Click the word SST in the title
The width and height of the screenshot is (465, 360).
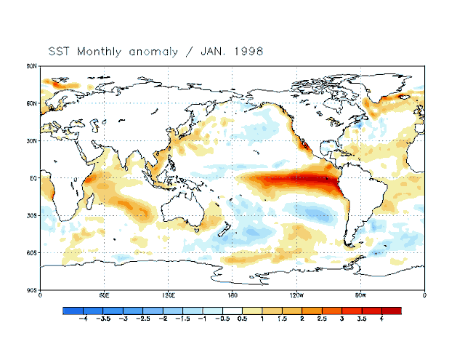[x=60, y=52]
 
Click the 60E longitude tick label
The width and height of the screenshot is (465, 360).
[x=104, y=296]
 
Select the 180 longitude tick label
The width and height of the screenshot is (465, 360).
[x=232, y=296]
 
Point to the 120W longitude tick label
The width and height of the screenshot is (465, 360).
[x=296, y=296]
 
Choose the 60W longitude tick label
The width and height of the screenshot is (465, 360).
[x=360, y=296]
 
